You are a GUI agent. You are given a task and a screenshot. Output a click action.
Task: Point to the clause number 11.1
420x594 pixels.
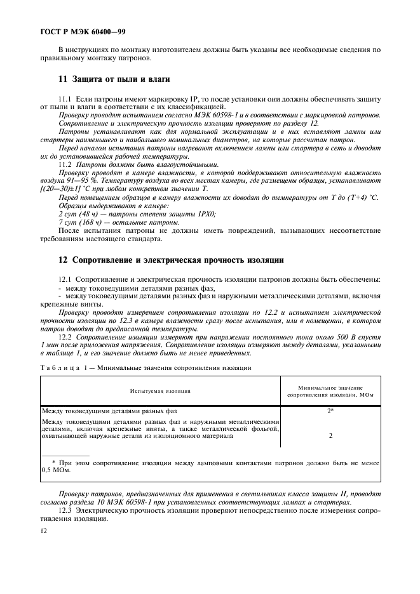[x=65, y=100]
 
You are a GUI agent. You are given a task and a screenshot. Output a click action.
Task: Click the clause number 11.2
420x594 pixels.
[x=65, y=164]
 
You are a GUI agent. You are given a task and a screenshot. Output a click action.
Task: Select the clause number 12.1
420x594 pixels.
[x=65, y=280]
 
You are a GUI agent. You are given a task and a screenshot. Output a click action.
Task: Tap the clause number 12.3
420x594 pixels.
[x=65, y=510]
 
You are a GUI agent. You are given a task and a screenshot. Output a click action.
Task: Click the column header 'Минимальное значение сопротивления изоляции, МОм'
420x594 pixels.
[x=330, y=390]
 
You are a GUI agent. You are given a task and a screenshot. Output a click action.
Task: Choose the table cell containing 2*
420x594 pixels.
[x=330, y=411]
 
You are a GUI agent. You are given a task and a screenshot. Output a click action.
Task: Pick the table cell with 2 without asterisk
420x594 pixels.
[x=330, y=436]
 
